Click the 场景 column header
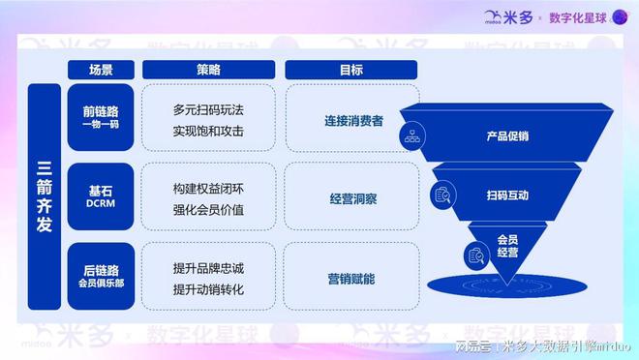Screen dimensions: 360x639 click(x=101, y=70)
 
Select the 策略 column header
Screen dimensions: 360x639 click(x=208, y=70)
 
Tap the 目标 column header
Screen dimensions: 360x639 click(x=351, y=70)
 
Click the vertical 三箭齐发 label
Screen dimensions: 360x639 click(x=45, y=196)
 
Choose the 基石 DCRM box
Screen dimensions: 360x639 click(x=101, y=196)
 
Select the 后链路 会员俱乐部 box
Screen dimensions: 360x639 click(x=101, y=277)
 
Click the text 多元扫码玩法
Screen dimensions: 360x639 click(x=208, y=109)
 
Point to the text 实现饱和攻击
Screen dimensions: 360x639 click(x=208, y=131)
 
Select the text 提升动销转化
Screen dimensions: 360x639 click(x=208, y=289)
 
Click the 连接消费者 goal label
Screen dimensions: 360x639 click(x=353, y=121)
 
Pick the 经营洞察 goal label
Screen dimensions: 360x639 click(x=353, y=199)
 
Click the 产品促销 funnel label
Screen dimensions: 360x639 click(x=507, y=136)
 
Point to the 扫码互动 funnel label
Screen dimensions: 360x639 click(x=507, y=195)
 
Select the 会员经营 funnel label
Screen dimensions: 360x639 click(x=507, y=246)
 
